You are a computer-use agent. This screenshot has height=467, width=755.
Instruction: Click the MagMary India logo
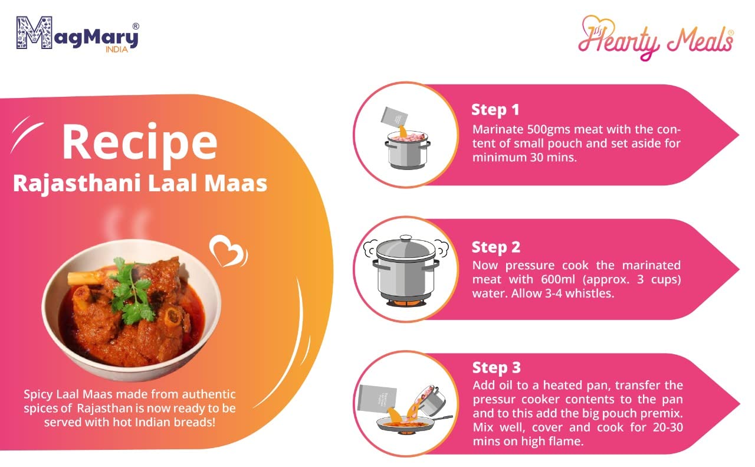click(78, 34)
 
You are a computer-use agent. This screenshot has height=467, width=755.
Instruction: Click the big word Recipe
click(140, 143)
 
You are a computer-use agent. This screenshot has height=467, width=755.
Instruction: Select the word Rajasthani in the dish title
click(77, 184)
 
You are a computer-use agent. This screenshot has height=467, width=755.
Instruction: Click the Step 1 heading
click(495, 110)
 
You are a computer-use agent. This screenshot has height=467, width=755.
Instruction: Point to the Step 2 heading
click(496, 247)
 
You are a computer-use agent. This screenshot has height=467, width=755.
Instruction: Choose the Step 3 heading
click(496, 368)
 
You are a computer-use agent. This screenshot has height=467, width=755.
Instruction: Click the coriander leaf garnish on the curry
click(132, 291)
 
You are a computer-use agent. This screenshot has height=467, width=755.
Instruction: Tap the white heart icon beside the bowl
click(228, 252)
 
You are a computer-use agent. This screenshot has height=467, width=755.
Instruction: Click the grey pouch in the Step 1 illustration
click(395, 117)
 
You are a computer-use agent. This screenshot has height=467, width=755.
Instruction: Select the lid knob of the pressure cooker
click(405, 238)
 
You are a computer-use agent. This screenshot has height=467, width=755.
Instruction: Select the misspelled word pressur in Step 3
click(494, 400)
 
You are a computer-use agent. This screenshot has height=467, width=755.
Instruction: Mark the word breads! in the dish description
click(195, 423)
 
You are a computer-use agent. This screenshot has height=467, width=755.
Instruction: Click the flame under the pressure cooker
click(406, 303)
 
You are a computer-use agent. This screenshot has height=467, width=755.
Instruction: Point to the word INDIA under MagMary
click(117, 50)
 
